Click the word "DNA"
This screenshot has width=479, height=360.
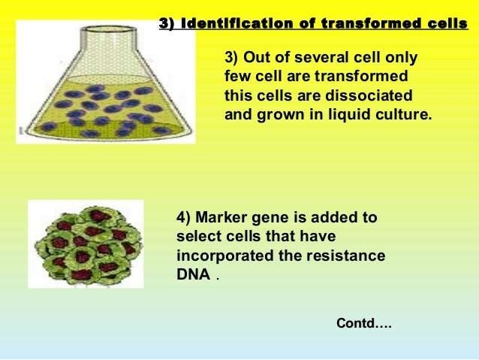(193, 275)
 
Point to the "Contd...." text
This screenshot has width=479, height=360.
(364, 324)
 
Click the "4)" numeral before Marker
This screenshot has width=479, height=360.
(186, 217)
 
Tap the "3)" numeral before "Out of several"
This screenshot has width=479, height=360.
(233, 58)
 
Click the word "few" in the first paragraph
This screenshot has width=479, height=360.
(238, 77)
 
